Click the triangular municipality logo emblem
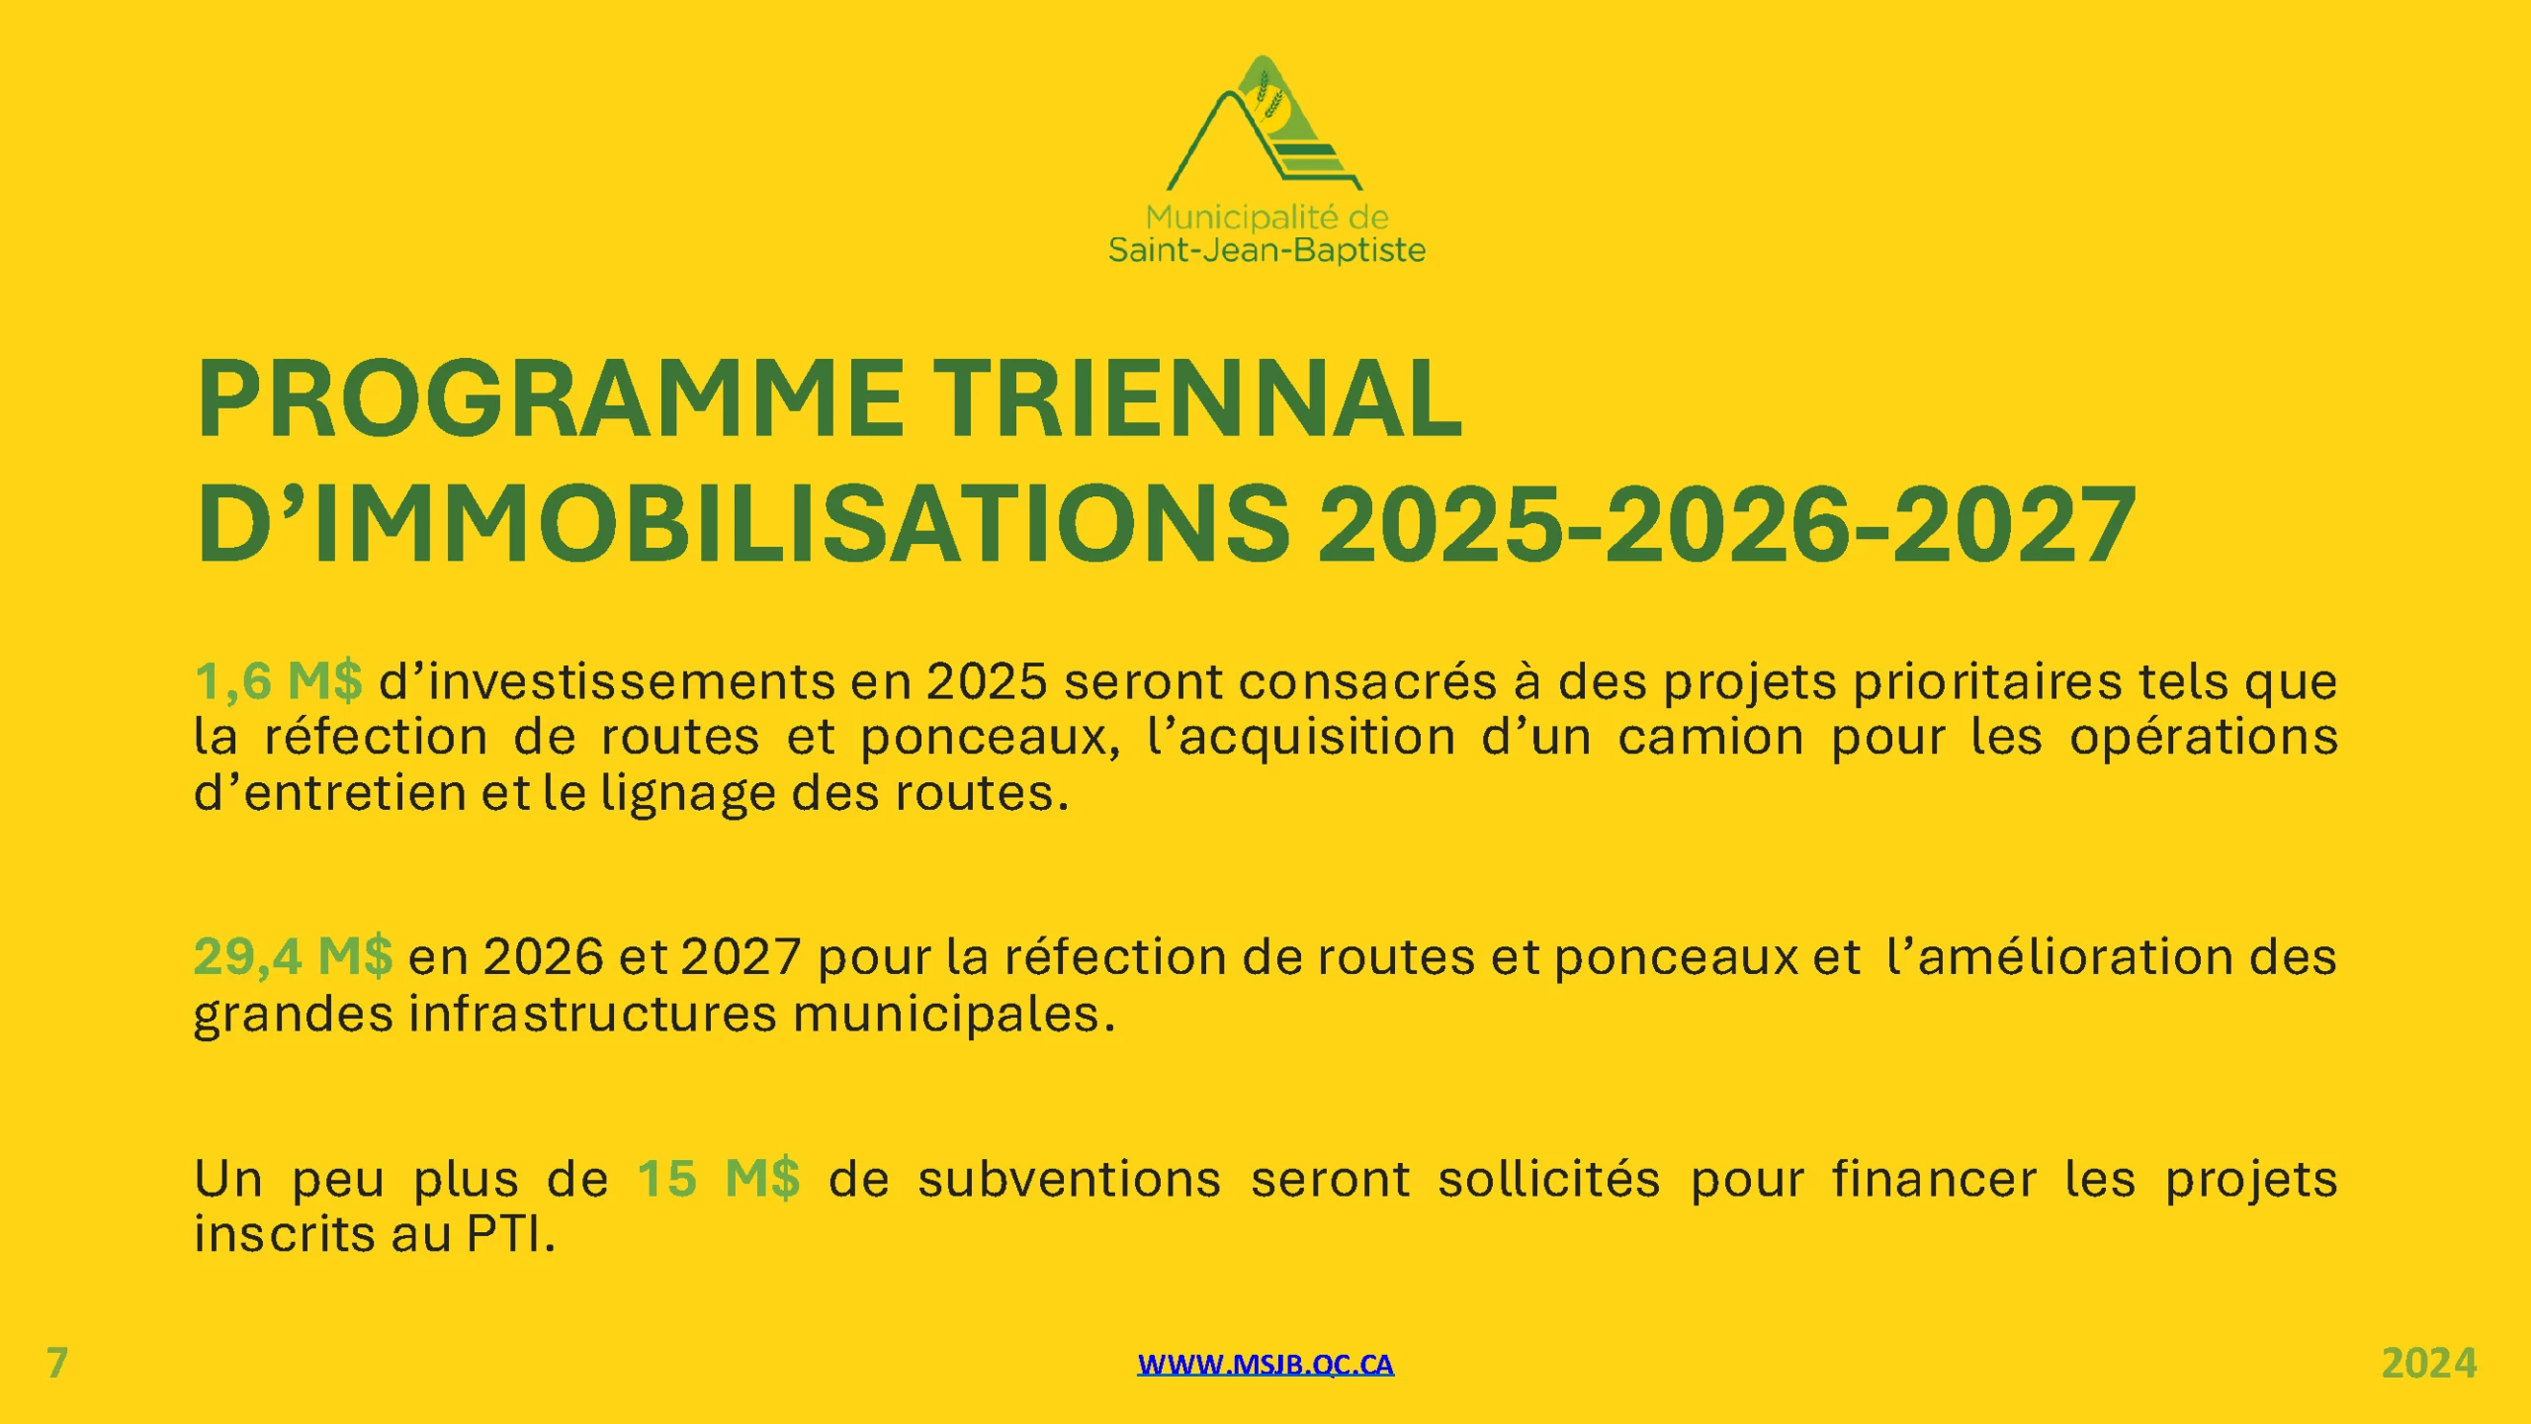pyautogui.click(x=1265, y=124)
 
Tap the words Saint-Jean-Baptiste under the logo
pyautogui.click(x=1266, y=251)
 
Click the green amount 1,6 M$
pyautogui.click(x=279, y=681)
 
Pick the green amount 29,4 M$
pyautogui.click(x=294, y=956)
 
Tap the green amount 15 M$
pyautogui.click(x=719, y=1179)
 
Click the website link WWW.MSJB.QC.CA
pyautogui.click(x=1265, y=1365)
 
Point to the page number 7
pyautogui.click(x=57, y=1364)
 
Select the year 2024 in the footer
pyautogui.click(x=2429, y=1364)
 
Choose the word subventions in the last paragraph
pyautogui.click(x=1070, y=1179)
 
